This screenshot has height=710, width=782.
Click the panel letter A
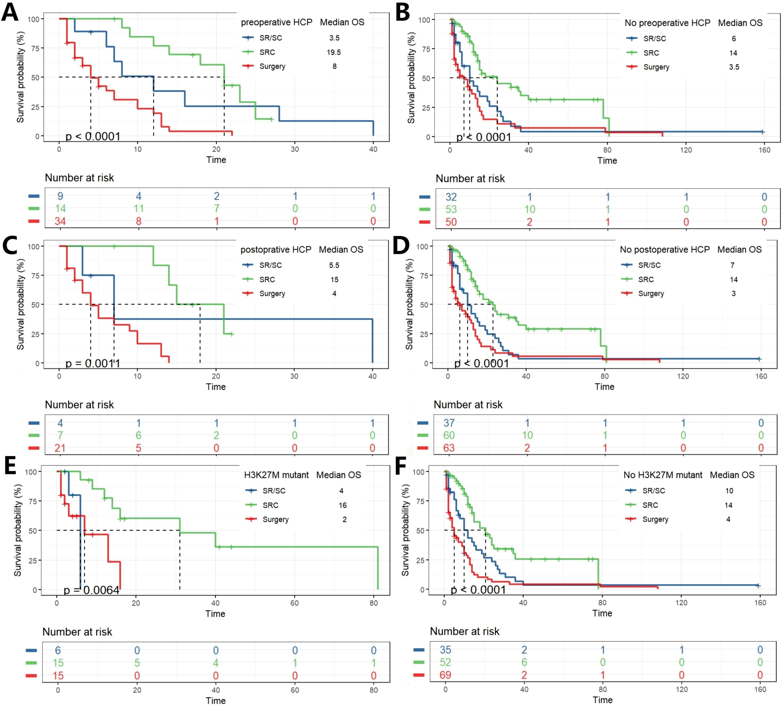[x=10, y=12]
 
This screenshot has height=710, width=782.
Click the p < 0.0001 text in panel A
[x=93, y=136]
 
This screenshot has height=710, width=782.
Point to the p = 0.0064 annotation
[x=91, y=590]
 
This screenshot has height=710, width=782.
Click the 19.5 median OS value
[x=334, y=52]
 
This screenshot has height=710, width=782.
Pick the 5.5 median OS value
[x=334, y=265]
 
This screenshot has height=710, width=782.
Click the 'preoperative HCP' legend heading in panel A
[x=276, y=23]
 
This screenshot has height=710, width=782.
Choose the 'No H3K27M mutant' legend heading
[x=663, y=475]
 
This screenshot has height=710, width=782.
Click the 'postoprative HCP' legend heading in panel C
[x=276, y=249]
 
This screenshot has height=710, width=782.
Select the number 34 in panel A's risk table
[x=60, y=221]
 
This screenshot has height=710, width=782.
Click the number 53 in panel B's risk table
[x=451, y=209]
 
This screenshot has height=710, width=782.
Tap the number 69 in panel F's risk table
[x=445, y=675]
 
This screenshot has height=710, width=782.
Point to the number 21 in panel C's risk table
[x=60, y=448]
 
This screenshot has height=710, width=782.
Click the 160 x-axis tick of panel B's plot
[x=764, y=150]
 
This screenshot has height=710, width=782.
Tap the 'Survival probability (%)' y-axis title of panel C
[x=20, y=305]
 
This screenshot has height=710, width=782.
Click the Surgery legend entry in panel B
[x=656, y=67]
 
